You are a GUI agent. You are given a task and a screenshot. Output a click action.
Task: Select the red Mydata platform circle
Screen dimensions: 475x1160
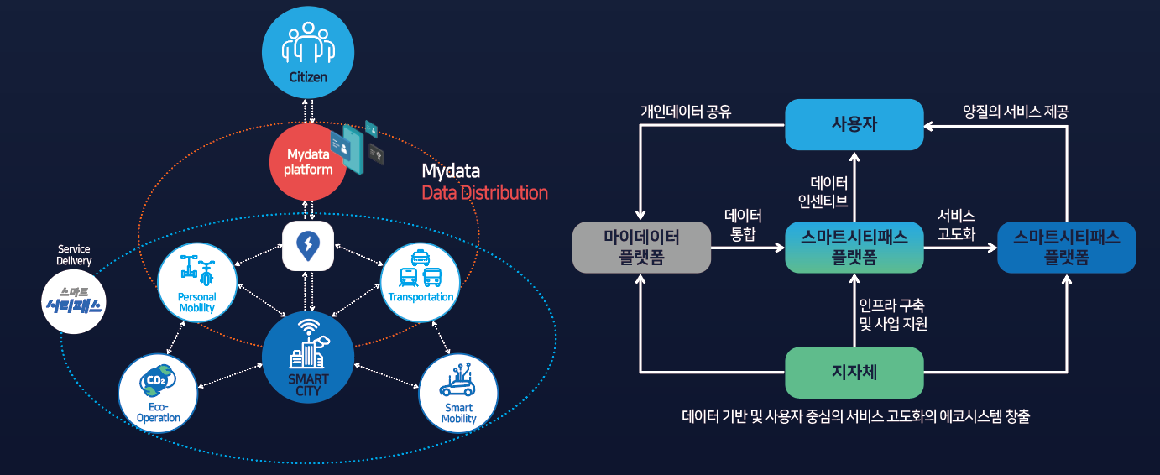click(x=308, y=162)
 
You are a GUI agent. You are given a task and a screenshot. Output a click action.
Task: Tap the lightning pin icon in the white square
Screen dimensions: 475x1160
click(x=307, y=246)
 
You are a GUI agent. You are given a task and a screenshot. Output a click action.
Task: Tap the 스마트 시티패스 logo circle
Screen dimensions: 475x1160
click(x=74, y=303)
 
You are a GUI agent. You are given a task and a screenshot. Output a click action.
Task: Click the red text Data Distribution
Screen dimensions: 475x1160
click(x=484, y=193)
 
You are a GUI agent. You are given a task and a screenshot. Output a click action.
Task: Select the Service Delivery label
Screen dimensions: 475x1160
click(x=74, y=255)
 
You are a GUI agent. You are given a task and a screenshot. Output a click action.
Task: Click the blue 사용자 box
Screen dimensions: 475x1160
click(x=854, y=124)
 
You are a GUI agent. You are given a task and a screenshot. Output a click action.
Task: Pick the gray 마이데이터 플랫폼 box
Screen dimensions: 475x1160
click(x=641, y=248)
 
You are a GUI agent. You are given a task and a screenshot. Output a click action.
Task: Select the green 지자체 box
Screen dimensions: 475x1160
click(x=854, y=372)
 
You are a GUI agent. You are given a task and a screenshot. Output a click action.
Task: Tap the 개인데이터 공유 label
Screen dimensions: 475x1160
click(x=686, y=111)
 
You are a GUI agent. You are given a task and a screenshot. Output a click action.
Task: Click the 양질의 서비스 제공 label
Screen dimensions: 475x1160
click(x=1016, y=111)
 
